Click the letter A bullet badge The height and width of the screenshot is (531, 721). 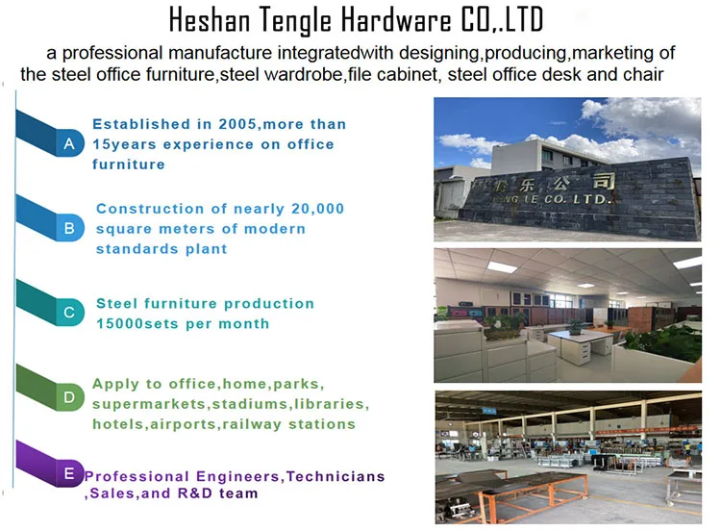pyautogui.click(x=69, y=143)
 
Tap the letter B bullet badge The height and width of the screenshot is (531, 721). pyautogui.click(x=69, y=228)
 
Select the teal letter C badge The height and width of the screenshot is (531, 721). pyautogui.click(x=69, y=312)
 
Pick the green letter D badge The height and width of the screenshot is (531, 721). pyautogui.click(x=69, y=396)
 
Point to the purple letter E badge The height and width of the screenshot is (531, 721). pyautogui.click(x=69, y=473)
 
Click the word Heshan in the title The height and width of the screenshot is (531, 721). pyautogui.click(x=210, y=20)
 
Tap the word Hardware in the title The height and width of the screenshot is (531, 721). pyautogui.click(x=396, y=20)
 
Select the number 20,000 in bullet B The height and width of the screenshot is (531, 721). pyautogui.click(x=317, y=209)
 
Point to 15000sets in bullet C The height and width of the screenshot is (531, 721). pyautogui.click(x=137, y=324)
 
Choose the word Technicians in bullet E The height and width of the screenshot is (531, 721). pyautogui.click(x=336, y=476)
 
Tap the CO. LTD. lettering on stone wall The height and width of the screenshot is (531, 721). pyautogui.click(x=578, y=199)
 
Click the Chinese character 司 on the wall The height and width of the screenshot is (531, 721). pyautogui.click(x=604, y=181)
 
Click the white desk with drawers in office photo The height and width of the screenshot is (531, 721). pyautogui.click(x=581, y=347)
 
